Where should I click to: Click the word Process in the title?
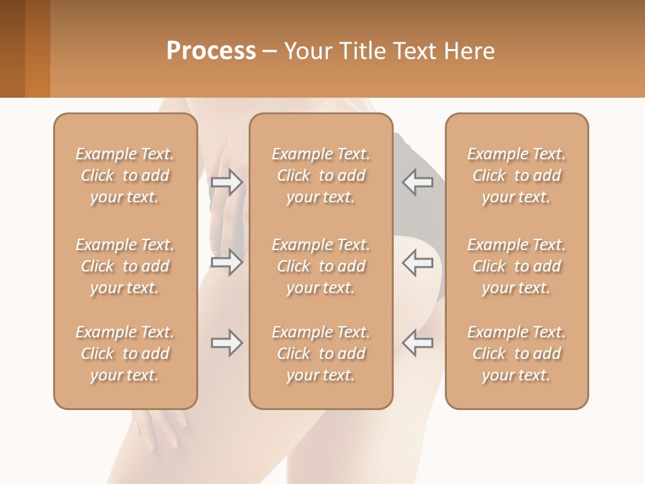pyautogui.click(x=211, y=51)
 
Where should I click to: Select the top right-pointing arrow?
pyautogui.click(x=226, y=182)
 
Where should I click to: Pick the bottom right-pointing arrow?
pyautogui.click(x=226, y=343)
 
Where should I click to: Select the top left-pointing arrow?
pyautogui.click(x=417, y=182)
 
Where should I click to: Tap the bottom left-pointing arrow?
pyautogui.click(x=417, y=343)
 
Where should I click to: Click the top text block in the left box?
pyautogui.click(x=125, y=175)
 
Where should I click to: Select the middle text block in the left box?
pyautogui.click(x=125, y=266)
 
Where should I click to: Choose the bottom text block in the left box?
pyautogui.click(x=125, y=354)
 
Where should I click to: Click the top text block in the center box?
pyautogui.click(x=320, y=175)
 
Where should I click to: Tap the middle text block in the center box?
pyautogui.click(x=320, y=266)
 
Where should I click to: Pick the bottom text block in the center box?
pyautogui.click(x=320, y=354)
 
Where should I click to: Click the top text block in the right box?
pyautogui.click(x=516, y=175)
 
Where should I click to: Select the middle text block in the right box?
pyautogui.click(x=516, y=266)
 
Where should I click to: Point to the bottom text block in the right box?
pyautogui.click(x=516, y=354)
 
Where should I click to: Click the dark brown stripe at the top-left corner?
pyautogui.click(x=12, y=48)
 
